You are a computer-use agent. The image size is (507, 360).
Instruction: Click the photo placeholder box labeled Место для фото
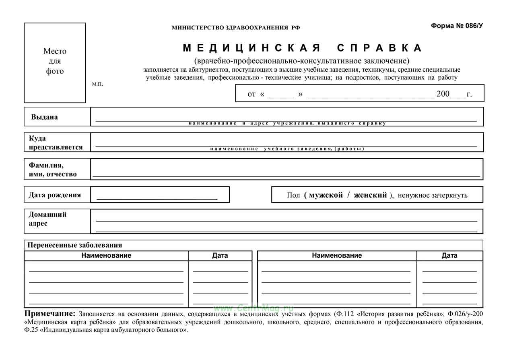55,62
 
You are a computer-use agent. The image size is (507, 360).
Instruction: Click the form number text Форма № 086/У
457,26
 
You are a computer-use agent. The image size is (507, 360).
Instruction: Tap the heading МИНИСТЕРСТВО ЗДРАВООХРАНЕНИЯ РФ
236,28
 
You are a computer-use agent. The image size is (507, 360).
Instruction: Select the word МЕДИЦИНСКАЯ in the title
252,48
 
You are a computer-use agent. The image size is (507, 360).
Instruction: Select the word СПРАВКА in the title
379,48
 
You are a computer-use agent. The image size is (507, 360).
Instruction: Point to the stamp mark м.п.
97,84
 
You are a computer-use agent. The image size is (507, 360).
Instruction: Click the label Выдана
44,117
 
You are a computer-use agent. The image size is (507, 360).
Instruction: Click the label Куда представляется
56,143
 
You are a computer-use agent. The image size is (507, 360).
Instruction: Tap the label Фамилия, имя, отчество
52,170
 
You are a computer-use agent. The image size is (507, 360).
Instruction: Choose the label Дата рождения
55,195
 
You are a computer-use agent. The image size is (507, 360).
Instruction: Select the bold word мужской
326,195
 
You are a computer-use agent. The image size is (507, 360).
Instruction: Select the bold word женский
370,195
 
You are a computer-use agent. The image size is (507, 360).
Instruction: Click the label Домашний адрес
47,219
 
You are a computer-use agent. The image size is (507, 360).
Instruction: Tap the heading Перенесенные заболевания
75,245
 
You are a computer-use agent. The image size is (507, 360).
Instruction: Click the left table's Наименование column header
106,255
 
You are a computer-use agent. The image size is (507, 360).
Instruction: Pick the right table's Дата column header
449,255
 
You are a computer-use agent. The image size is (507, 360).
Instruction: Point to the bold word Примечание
50,314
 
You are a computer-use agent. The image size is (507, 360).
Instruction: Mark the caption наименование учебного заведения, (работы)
287,149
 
